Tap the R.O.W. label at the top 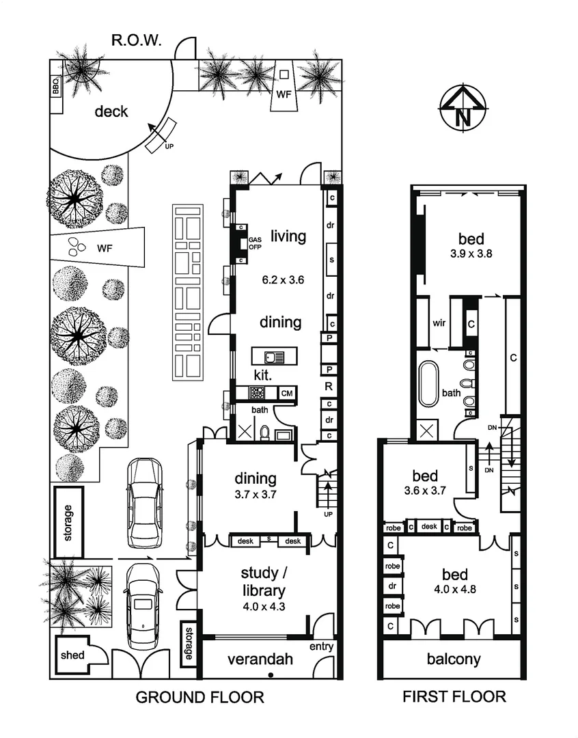[137, 42]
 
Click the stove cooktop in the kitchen [259, 393]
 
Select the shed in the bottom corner [73, 655]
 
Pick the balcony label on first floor [454, 659]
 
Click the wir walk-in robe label [439, 323]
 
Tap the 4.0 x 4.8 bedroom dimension [456, 585]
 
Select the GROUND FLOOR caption [199, 697]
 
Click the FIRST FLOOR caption [454, 697]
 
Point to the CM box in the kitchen [287, 393]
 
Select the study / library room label [263, 581]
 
